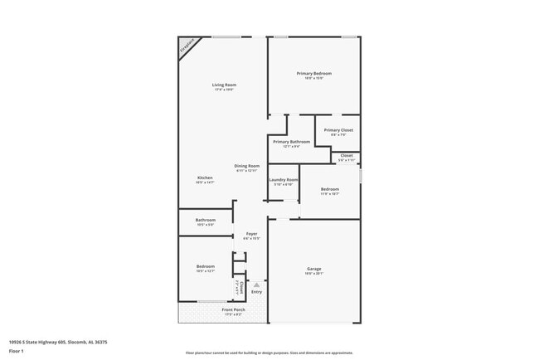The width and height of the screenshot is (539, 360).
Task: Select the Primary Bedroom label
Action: point(314,74)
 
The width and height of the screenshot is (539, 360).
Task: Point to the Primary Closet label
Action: point(338,130)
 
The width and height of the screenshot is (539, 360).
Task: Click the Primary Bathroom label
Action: point(291,142)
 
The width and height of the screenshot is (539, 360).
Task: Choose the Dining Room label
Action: point(246,166)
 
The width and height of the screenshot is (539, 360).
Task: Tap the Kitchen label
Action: point(205,178)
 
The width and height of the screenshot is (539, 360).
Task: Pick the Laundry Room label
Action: point(283,180)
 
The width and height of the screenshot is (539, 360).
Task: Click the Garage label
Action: point(314,269)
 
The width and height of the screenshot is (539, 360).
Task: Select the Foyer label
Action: point(251,234)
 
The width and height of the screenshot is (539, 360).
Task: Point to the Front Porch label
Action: point(233,310)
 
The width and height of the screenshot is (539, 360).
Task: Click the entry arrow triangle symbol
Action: point(256,285)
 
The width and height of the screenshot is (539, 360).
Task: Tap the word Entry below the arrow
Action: point(256,291)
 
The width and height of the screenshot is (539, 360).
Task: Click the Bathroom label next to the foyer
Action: point(206,220)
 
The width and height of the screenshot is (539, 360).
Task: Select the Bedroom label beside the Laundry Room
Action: point(329,190)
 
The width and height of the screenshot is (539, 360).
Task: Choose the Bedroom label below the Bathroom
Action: point(206,266)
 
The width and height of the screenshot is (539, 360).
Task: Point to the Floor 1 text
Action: point(17,351)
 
